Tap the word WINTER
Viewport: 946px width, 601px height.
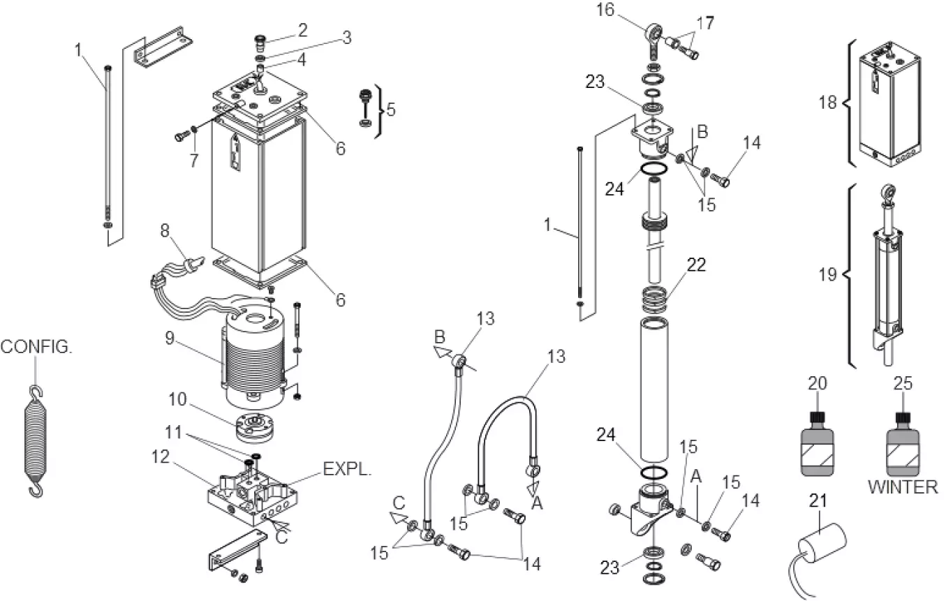click(x=903, y=487)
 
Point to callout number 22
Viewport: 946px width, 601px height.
click(x=695, y=265)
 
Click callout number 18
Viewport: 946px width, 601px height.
click(x=828, y=103)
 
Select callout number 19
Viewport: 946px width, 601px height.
click(x=828, y=274)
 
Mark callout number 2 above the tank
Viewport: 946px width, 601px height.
click(x=302, y=30)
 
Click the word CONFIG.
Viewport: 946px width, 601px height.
click(x=36, y=346)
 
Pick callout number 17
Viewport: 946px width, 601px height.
click(x=705, y=22)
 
